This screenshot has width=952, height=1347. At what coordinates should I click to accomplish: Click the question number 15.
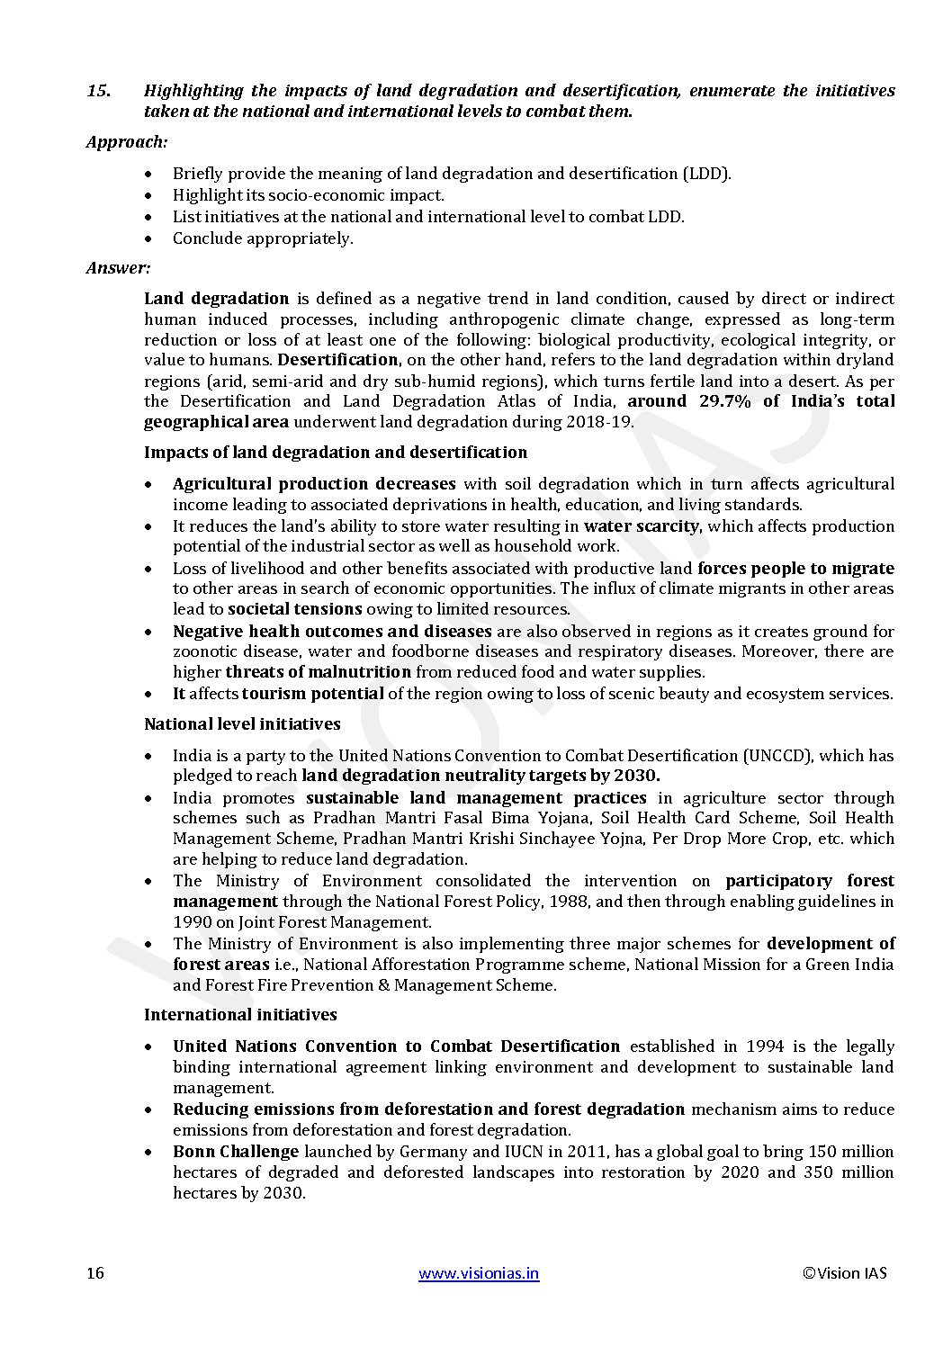coord(99,91)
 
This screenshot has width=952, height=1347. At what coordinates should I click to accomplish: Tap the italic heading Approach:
coord(127,141)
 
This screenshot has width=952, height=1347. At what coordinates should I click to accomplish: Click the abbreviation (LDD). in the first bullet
coord(706,174)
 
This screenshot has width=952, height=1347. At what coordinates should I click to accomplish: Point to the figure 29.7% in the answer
coord(724,401)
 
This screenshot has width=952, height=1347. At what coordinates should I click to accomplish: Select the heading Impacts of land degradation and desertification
coord(336,453)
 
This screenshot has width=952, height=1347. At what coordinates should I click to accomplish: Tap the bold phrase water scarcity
coord(641,526)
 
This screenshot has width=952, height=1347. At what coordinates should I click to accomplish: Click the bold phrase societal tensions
coord(296,609)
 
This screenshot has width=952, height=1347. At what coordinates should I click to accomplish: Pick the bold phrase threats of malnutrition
coord(318,672)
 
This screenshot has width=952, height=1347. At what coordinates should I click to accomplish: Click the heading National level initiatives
coord(242,724)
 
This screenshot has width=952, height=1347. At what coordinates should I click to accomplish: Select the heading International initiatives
coord(240,1015)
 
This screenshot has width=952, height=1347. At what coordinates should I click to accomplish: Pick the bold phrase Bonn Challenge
coord(236,1152)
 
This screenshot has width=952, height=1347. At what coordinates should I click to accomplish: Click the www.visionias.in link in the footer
coord(480,1273)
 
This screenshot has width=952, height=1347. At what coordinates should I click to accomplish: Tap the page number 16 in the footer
coord(95,1273)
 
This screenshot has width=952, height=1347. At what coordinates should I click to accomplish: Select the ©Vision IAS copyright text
coord(844,1273)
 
